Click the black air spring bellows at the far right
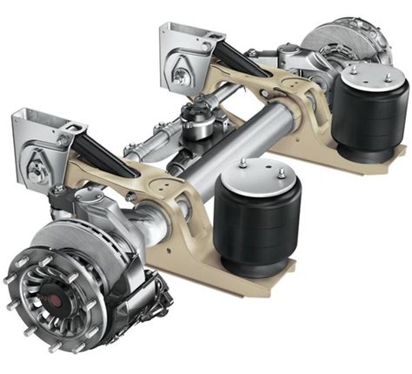[x=372, y=117]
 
